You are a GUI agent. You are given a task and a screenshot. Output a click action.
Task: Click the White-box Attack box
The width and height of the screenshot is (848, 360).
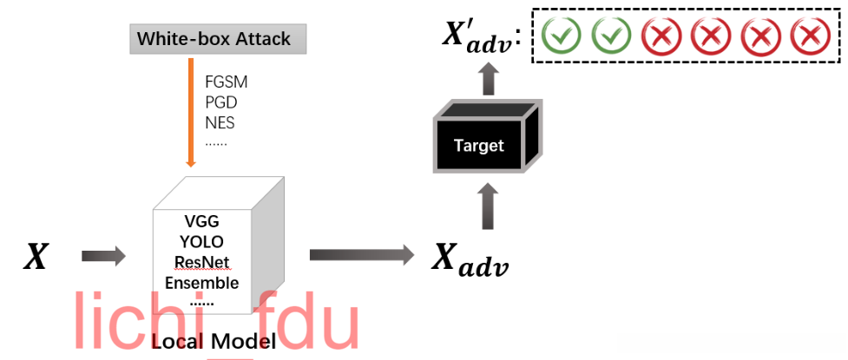click(x=218, y=39)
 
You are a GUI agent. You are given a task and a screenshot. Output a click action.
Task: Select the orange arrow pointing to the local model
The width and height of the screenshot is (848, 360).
click(x=190, y=113)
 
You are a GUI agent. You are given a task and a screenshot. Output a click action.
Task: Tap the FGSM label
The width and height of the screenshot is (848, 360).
click(x=226, y=82)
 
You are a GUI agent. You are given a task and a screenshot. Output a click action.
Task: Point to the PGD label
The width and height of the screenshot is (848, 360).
click(x=221, y=102)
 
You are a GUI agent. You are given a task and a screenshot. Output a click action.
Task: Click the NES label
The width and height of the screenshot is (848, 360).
click(x=220, y=122)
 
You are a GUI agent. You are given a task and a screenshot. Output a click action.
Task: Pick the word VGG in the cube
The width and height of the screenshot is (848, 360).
click(x=202, y=221)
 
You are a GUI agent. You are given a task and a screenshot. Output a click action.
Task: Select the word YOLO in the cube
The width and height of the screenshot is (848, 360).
click(x=202, y=242)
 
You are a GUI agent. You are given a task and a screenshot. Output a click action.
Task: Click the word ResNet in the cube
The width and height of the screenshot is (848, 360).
click(x=202, y=262)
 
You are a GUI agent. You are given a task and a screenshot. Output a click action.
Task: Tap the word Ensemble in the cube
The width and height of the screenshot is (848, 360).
click(x=202, y=283)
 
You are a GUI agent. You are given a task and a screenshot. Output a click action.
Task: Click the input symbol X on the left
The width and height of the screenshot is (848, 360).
click(x=36, y=256)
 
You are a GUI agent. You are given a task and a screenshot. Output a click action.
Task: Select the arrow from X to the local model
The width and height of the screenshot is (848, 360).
click(x=103, y=256)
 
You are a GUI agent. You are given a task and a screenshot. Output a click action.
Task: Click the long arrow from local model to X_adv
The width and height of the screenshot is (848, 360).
click(x=362, y=255)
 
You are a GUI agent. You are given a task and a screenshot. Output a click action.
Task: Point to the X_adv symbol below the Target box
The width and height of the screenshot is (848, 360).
click(x=470, y=261)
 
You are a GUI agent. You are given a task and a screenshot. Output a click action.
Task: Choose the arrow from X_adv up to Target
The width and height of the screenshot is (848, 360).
click(x=489, y=206)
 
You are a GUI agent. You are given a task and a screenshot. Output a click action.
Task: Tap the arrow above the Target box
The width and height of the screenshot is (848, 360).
click(x=489, y=80)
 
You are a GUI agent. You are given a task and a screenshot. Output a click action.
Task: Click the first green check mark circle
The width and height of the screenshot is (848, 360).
click(x=562, y=36)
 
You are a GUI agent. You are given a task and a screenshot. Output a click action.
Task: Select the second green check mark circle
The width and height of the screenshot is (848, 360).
click(x=611, y=36)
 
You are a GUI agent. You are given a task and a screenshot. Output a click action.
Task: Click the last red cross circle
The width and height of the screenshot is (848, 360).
click(x=810, y=36)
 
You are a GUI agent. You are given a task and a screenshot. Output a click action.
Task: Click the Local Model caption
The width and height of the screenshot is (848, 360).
click(x=214, y=341)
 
